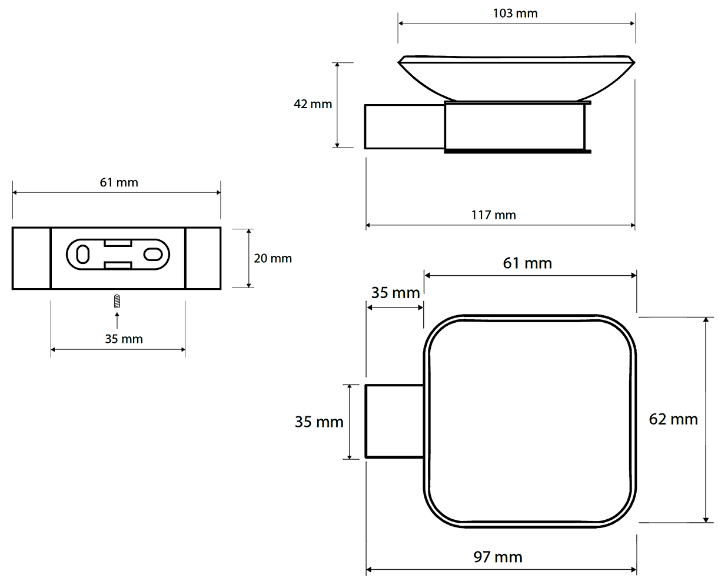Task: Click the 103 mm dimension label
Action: [515, 14]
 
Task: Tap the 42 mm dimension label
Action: [313, 103]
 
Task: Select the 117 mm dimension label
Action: [493, 215]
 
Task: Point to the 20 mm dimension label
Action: [272, 259]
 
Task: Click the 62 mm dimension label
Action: [673, 419]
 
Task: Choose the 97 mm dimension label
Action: [497, 557]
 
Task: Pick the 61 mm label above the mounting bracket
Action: [118, 183]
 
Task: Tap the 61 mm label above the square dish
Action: [527, 263]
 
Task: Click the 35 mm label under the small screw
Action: [124, 339]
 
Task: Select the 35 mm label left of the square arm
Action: [318, 422]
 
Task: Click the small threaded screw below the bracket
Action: [117, 301]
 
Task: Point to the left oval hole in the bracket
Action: [83, 254]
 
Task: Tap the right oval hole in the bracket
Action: [153, 255]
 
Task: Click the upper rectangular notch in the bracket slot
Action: [118, 243]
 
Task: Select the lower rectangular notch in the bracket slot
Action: [118, 265]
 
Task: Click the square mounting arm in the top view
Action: [394, 422]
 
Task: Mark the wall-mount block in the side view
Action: [404, 126]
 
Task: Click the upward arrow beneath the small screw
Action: [117, 320]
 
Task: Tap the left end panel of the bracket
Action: [31, 258]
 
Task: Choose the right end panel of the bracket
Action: [203, 258]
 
